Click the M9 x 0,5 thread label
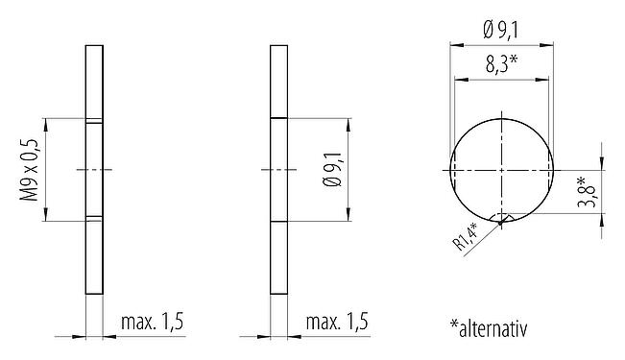pos(30,170)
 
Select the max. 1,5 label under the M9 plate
pos(152,322)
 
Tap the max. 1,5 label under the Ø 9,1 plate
pos(336,322)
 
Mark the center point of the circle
pos(502,170)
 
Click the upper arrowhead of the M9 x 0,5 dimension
pos(45,123)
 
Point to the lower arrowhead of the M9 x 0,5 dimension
pos(45,216)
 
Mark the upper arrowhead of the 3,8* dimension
pos(602,165)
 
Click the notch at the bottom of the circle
pos(502,220)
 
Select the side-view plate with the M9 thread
pos(94,169)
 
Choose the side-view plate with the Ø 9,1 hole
pos(278,169)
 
